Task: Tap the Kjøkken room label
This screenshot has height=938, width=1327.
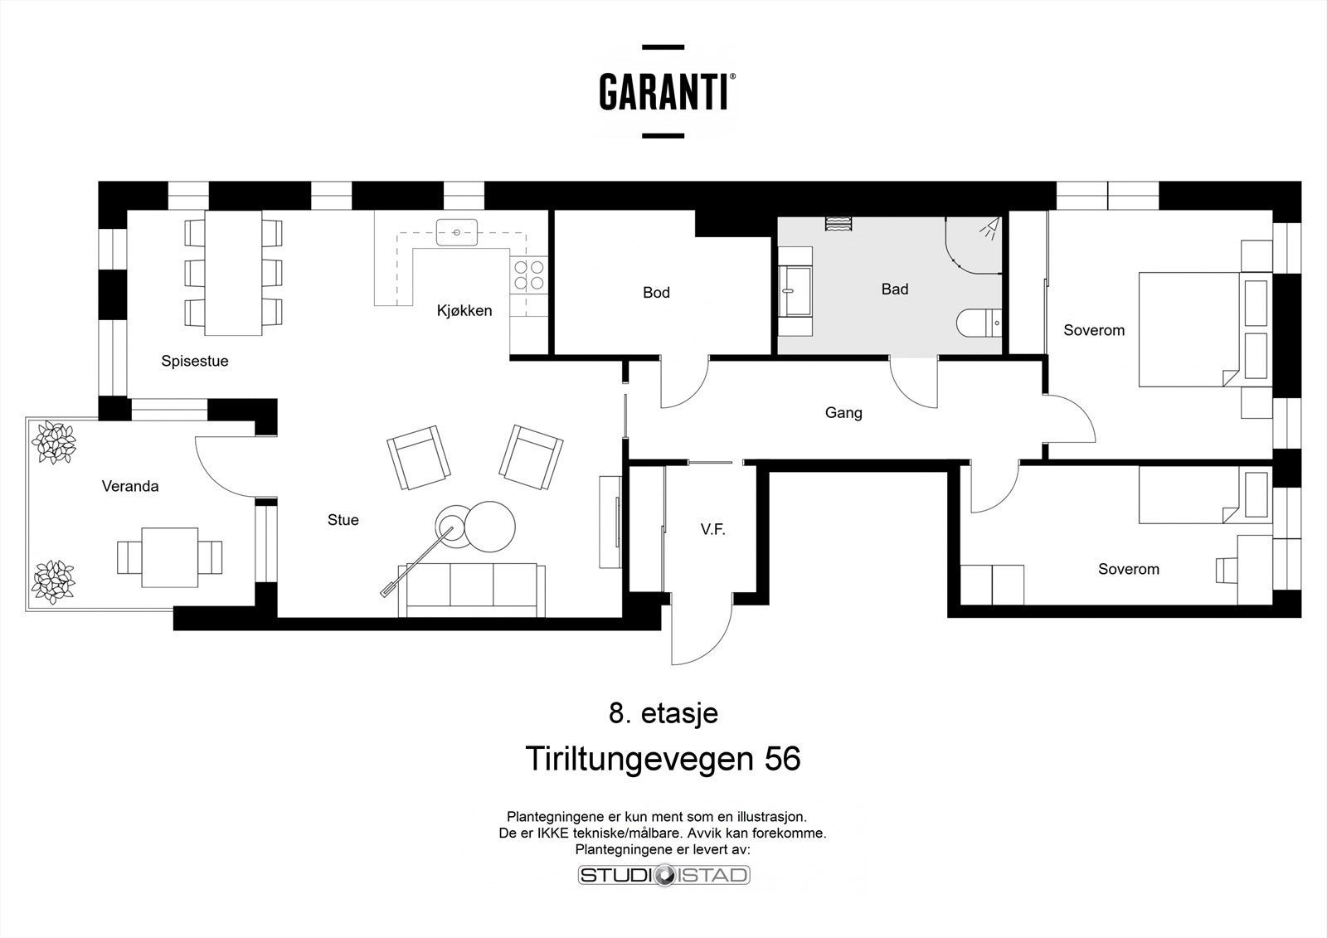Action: [x=464, y=311]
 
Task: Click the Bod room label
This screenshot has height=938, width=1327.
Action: [x=656, y=293]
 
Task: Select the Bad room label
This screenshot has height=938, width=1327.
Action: [x=895, y=289]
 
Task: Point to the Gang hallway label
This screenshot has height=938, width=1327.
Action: [x=843, y=413]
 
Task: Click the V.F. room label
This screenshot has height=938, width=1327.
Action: [x=712, y=530]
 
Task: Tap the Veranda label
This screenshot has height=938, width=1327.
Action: [x=130, y=487]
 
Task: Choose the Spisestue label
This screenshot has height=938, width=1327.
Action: [x=195, y=362]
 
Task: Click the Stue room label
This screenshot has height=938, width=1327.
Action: [x=343, y=520]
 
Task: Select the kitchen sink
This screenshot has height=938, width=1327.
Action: [x=457, y=232]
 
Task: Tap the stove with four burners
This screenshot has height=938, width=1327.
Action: [x=529, y=275]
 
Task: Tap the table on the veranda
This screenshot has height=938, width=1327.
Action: [x=169, y=556]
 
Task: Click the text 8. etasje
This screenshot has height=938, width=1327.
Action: [x=663, y=713]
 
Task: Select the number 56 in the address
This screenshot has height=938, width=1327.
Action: [x=783, y=760]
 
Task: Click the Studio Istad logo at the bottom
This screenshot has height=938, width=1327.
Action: [x=663, y=875]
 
